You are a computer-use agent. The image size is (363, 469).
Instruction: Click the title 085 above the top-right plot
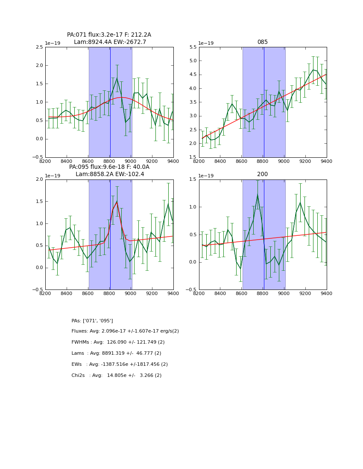[262, 42]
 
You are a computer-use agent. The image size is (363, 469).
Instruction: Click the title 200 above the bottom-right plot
[262, 174]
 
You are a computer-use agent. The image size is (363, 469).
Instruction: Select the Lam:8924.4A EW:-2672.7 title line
[110, 42]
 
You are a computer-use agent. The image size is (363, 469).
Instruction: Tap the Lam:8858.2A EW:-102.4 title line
[110, 174]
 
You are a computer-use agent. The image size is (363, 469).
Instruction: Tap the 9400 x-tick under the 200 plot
[326, 293]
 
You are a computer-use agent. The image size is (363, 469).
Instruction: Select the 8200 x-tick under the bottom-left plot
[45, 293]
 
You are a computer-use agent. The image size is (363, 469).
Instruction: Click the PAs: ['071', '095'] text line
[92, 321]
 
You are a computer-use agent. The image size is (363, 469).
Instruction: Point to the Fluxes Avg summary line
[125, 331]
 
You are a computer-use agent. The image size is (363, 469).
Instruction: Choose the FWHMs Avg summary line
[118, 342]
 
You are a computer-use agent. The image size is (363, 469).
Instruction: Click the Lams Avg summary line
[116, 353]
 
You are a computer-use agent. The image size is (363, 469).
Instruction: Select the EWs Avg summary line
[120, 365]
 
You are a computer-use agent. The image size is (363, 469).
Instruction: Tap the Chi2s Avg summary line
[116, 376]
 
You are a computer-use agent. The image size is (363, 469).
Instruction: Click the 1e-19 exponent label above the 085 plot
[206, 43]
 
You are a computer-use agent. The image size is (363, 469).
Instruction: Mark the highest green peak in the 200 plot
[258, 195]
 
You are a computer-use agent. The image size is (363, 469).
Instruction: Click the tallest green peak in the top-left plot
[117, 78]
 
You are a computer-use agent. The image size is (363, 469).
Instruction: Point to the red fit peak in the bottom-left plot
[117, 202]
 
